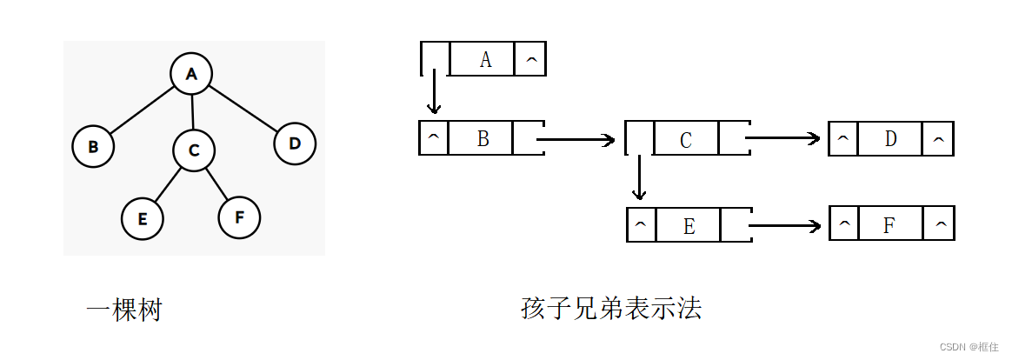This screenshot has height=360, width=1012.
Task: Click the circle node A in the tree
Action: [x=192, y=74]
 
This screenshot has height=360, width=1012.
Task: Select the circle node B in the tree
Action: [x=93, y=146]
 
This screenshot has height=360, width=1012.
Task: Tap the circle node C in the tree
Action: [x=194, y=150]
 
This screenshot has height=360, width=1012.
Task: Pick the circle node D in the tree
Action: [x=295, y=144]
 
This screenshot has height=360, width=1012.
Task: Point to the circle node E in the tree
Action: [x=143, y=218]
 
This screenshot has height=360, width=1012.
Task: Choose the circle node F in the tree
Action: [x=239, y=217]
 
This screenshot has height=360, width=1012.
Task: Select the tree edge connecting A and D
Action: [x=243, y=109]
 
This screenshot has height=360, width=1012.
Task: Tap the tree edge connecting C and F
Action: [x=216, y=183]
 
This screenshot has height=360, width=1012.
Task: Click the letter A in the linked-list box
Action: [x=485, y=59]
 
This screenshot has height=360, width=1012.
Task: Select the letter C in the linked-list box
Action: [x=686, y=140]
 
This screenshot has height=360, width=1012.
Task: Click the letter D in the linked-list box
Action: [x=890, y=139]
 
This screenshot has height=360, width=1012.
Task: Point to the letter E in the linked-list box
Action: [x=689, y=226]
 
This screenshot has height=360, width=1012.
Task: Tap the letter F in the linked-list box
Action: [x=889, y=226]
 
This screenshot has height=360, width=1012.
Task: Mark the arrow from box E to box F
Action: [x=784, y=226]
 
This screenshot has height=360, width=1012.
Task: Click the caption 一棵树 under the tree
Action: [x=124, y=310]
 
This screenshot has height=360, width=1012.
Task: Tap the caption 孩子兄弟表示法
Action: [x=610, y=309]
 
